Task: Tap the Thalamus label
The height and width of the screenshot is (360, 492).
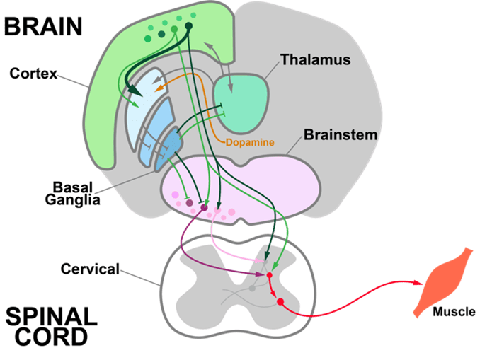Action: point(315,59)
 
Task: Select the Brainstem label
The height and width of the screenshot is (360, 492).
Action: point(341,134)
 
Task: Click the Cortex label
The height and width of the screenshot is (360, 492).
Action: point(34,74)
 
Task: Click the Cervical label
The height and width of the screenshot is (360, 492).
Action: point(90,269)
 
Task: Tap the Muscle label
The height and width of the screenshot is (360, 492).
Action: point(454,311)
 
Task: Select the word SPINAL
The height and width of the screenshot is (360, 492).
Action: point(51,315)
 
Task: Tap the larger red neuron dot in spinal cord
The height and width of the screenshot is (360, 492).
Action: point(280,302)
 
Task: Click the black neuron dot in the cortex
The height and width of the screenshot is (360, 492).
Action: point(188,27)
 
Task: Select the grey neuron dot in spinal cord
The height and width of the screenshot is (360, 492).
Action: point(253,288)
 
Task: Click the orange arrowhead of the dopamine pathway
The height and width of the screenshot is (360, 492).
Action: point(160,90)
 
